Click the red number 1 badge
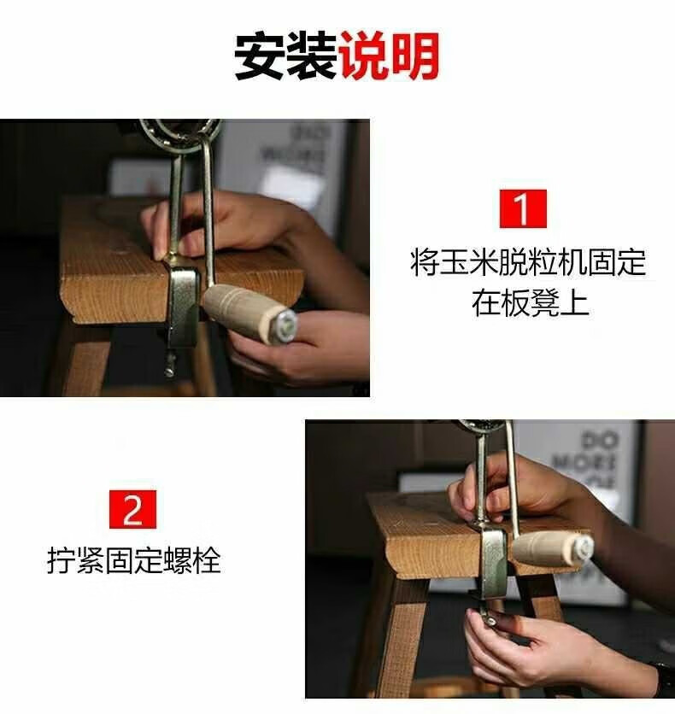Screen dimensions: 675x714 tap(523, 209)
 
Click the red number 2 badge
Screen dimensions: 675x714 tap(132, 510)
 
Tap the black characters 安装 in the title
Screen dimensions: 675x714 tap(285, 56)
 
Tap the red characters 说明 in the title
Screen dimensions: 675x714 tap(390, 56)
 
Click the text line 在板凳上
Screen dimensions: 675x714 tap(530, 302)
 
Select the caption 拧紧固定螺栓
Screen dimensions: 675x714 tap(134, 560)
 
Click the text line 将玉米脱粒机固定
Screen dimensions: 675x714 tap(528, 262)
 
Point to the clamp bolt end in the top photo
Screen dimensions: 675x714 tap(169, 365)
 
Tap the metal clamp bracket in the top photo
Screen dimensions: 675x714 tap(182, 306)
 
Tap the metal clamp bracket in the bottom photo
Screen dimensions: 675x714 tap(493, 564)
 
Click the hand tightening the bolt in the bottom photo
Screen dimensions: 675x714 tap(537, 647)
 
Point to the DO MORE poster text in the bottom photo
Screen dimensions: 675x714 tap(596, 459)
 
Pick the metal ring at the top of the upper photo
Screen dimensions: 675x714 tap(180, 135)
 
